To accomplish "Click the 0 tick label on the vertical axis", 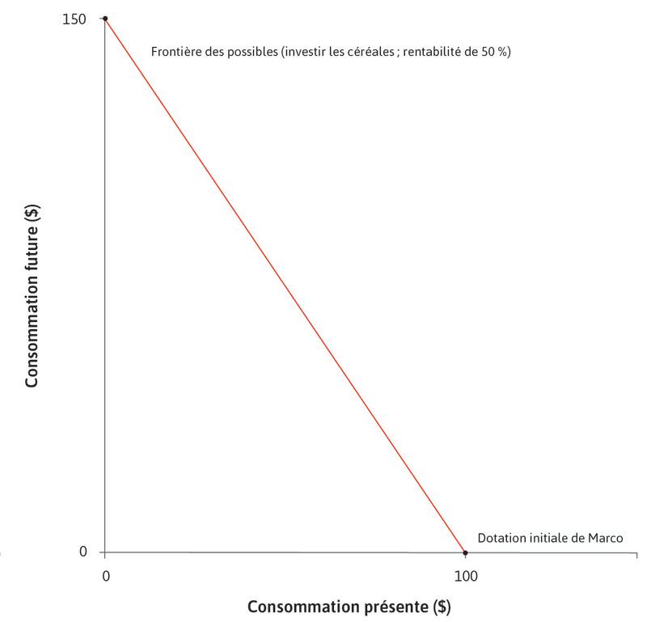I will tap(82, 552).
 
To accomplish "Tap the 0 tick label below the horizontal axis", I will tap(105, 576).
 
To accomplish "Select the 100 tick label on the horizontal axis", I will tap(465, 576).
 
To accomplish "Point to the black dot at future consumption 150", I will tap(105, 18).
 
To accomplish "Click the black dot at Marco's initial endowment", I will tap(465, 552).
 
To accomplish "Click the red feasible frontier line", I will tap(285, 285).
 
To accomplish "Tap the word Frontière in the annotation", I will tap(174, 52).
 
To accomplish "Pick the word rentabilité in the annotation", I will tap(425, 52).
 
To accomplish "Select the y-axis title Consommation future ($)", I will tap(33, 285).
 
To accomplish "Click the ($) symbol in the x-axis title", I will tap(442, 606).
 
